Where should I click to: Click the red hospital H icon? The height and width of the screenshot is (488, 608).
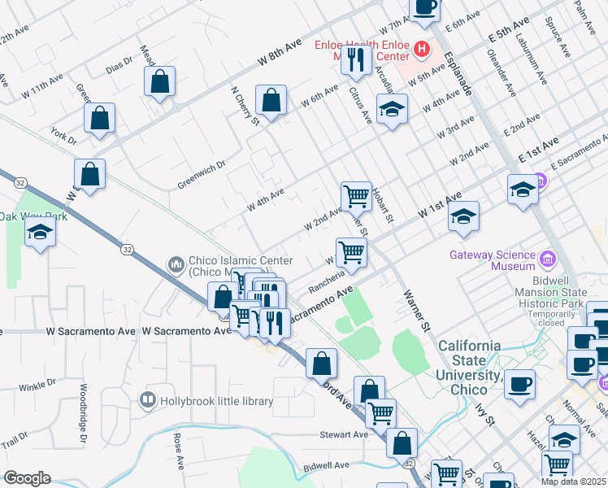pyautogui.click(x=421, y=50)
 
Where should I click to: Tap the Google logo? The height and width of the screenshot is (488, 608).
pyautogui.click(x=27, y=478)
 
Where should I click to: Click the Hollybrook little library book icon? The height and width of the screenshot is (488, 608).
pyautogui.click(x=147, y=399)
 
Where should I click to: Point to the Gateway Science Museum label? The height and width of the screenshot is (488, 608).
pyautogui.click(x=493, y=259)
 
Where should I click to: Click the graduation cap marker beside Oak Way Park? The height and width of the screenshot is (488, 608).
pyautogui.click(x=39, y=233)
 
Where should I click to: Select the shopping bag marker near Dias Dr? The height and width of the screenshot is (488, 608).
pyautogui.click(x=160, y=81)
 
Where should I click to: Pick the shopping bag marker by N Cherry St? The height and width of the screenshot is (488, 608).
pyautogui.click(x=271, y=101)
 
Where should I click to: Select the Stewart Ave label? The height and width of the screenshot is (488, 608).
pyautogui.click(x=344, y=434)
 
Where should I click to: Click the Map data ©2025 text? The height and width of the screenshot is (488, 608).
pyautogui.click(x=573, y=481)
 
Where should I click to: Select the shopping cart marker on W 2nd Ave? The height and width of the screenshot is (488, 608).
pyautogui.click(x=355, y=196)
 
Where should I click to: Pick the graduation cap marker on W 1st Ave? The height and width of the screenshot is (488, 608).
pyautogui.click(x=463, y=216)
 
